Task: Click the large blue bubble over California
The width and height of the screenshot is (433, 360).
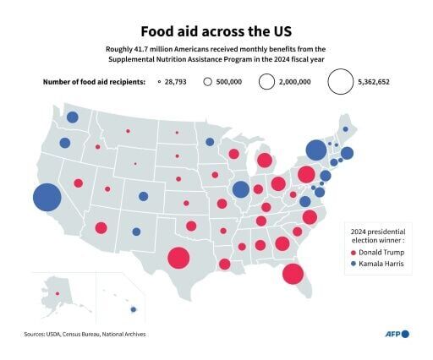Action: pos(47,199)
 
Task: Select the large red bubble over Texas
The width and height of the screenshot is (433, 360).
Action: pos(178,258)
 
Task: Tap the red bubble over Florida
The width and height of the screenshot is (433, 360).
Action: pos(293,274)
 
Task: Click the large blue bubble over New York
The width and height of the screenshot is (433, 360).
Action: pos(315,150)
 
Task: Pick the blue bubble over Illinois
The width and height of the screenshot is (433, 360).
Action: pos(240,189)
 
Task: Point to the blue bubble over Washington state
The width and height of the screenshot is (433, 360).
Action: pos(73,117)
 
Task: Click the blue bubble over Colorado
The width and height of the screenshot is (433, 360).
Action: pos(144,197)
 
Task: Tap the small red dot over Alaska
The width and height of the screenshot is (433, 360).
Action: pos(57,293)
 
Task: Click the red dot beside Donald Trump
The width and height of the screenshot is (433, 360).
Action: pos(354,252)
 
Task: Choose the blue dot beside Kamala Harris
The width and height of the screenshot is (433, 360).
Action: pos(354,265)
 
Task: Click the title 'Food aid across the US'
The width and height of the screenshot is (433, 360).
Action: pos(216,30)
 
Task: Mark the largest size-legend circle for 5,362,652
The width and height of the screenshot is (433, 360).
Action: pos(340,82)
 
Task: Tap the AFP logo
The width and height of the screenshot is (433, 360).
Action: pos(393,334)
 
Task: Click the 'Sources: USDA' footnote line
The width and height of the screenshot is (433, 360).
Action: pos(85,334)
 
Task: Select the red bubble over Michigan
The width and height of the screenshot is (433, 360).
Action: pos(265,161)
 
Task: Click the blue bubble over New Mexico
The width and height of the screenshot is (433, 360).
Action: pos(136,232)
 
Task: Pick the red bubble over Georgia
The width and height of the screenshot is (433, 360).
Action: pos(282,243)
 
